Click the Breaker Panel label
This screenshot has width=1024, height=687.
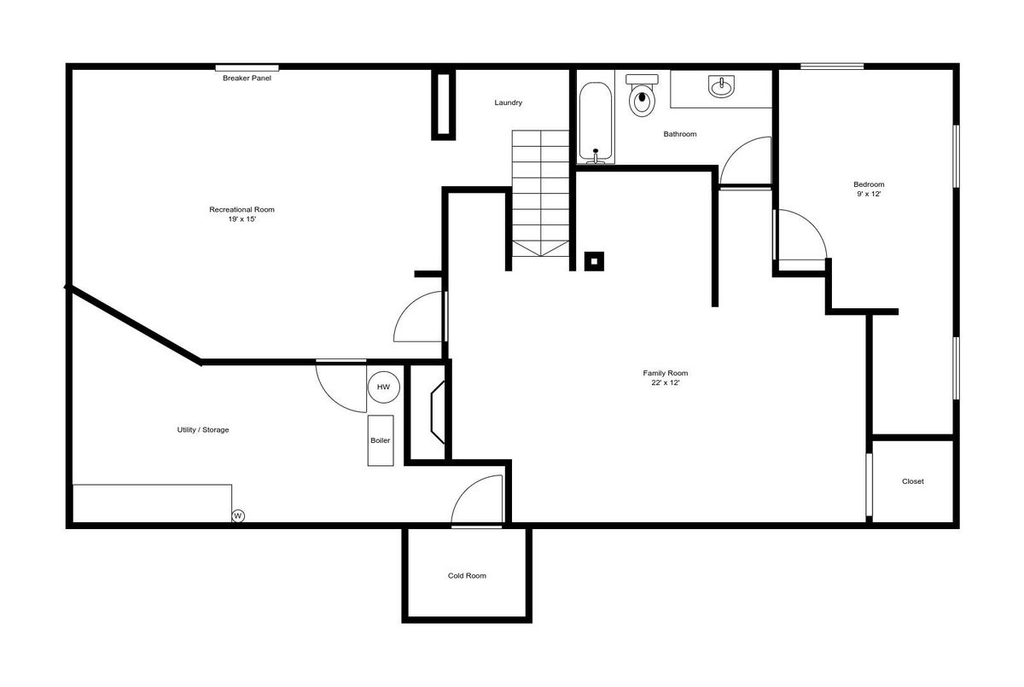click(247, 79)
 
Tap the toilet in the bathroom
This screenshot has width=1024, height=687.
click(642, 95)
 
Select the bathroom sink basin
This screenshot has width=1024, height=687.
click(721, 86)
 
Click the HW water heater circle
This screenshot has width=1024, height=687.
click(383, 387)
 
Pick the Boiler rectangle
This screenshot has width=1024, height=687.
click(381, 440)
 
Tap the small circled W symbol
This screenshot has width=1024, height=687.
click(238, 516)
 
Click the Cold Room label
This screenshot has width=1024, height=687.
click(467, 576)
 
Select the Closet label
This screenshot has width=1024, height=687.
click(912, 481)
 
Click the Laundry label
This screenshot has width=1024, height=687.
click(508, 103)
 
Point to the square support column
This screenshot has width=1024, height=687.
click(594, 261)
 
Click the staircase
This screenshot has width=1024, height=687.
click(540, 194)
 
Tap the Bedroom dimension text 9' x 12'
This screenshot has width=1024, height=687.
click(869, 194)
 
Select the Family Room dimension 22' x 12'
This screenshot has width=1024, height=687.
click(665, 382)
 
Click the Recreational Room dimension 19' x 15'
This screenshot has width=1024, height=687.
click(241, 219)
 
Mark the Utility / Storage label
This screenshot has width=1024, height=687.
click(203, 429)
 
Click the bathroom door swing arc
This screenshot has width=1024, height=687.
click(733, 149)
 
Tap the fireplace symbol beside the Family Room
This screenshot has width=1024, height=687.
click(438, 412)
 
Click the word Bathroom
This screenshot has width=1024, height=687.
click(680, 134)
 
